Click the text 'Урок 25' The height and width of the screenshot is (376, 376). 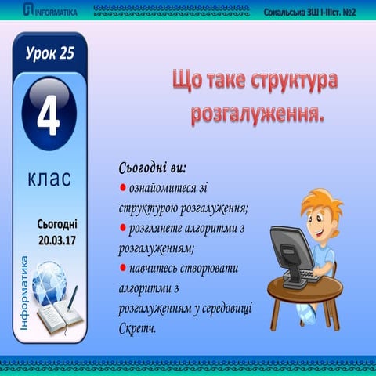click(x=49, y=52)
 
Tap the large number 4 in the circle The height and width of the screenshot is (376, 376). click(x=49, y=115)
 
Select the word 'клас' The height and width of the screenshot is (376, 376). click(x=49, y=179)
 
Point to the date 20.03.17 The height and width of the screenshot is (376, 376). click(x=52, y=238)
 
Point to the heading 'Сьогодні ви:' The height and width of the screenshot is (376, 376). click(x=152, y=168)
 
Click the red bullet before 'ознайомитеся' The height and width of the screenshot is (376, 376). click(x=122, y=189)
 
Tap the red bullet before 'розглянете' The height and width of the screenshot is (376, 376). click(x=122, y=228)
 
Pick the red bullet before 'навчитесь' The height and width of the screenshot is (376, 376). click(x=122, y=268)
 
